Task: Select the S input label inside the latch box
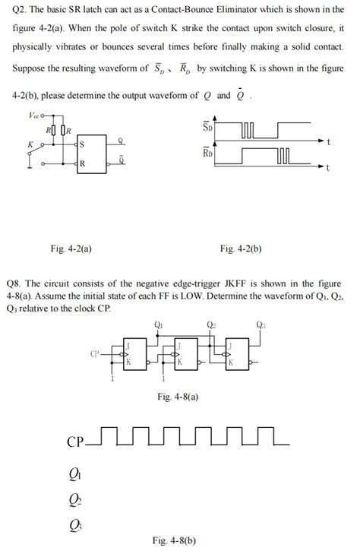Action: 81,145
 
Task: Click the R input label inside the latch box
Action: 81,163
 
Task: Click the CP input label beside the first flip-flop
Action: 95,353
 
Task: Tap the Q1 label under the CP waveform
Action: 74,474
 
